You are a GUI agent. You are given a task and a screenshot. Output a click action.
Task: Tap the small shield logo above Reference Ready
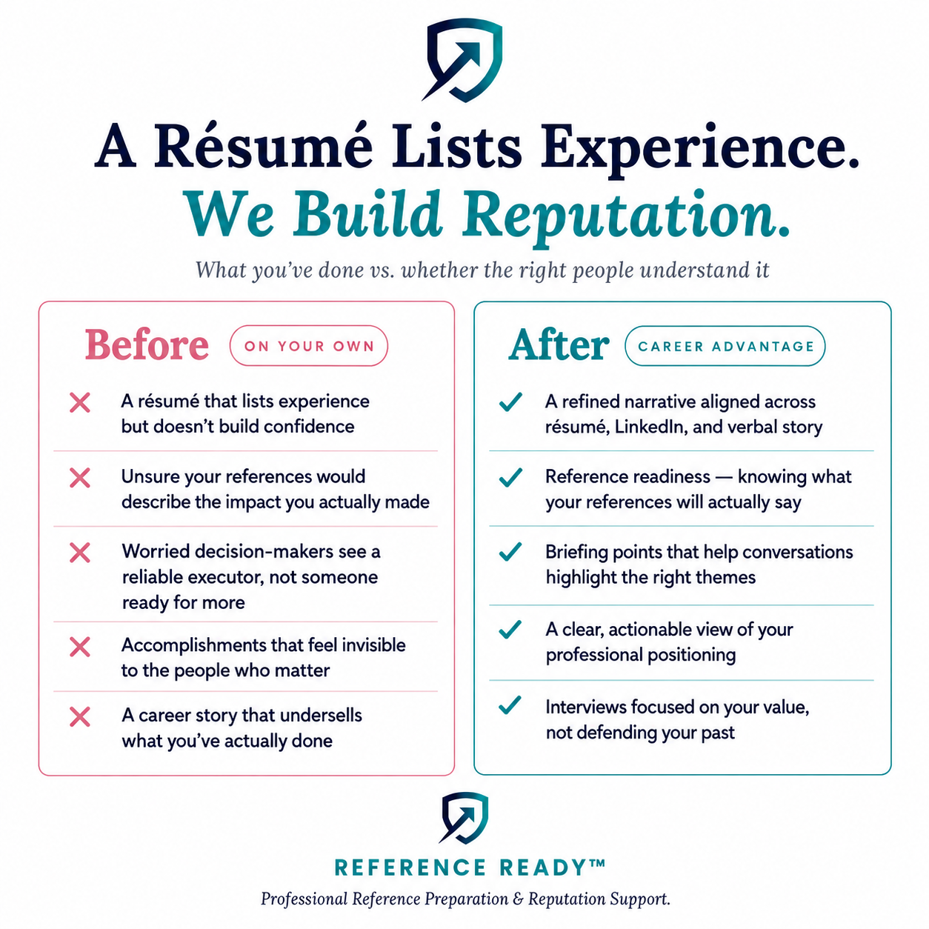pos(464,818)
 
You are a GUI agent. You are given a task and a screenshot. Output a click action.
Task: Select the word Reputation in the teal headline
pos(625,216)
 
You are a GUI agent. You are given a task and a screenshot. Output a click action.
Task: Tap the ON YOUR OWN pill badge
pos(308,346)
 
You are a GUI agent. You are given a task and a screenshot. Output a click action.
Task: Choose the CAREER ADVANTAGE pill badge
pos(725,346)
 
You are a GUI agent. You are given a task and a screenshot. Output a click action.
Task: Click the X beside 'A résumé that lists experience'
pos(80,402)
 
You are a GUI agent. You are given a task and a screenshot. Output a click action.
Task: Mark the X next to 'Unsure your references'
pos(80,478)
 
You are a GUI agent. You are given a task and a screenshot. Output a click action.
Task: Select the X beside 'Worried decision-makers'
pos(80,553)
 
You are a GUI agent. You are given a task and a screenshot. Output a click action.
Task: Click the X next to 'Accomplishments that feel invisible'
pos(80,647)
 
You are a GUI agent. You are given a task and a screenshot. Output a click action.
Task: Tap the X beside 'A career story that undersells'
pos(80,717)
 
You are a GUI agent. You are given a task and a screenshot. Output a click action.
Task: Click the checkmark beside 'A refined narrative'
pos(510,402)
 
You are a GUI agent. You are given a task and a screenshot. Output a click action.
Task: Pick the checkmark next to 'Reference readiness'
pos(510,477)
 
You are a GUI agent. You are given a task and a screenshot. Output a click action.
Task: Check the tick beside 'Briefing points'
pos(510,551)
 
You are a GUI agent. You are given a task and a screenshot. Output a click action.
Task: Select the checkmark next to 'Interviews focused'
pos(510,705)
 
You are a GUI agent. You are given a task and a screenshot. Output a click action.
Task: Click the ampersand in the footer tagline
pos(519,899)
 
